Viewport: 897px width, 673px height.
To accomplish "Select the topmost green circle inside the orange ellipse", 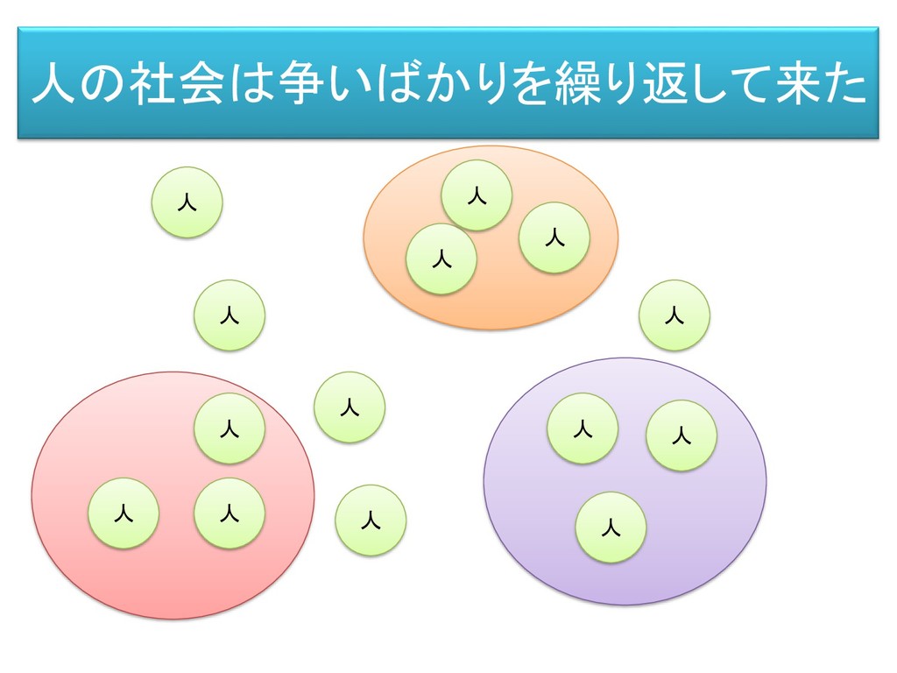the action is click(477, 195).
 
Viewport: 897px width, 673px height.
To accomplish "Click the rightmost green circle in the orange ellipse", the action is click(554, 237).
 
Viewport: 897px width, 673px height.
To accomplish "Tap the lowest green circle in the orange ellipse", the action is click(441, 259).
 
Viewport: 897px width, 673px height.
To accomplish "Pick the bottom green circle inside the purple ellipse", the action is click(611, 528).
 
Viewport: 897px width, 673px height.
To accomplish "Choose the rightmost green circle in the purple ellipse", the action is click(682, 436).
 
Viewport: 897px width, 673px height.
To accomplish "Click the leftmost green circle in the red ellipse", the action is click(124, 514).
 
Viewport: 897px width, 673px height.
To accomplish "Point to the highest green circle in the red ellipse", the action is click(230, 429).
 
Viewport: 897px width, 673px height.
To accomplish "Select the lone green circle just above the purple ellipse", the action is click(675, 315).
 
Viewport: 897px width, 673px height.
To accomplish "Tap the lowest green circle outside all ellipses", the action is click(371, 521).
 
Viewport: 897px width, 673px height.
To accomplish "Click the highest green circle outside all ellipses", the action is click(187, 202).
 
